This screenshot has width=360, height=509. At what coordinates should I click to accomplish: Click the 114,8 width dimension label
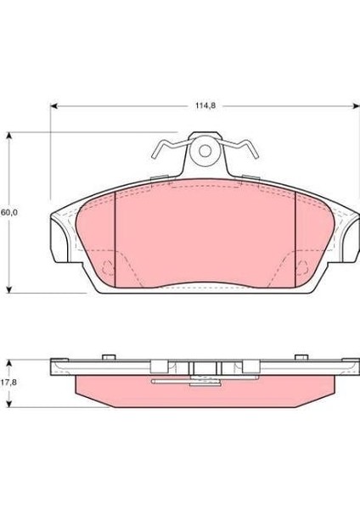tap(205, 106)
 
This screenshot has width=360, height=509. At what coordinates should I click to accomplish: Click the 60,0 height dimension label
tap(9, 213)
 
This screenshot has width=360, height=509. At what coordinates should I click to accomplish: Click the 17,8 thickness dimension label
tap(8, 383)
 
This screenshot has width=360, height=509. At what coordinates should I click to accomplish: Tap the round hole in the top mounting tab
tap(205, 151)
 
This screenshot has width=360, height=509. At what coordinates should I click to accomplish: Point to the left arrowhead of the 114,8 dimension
tap(54, 106)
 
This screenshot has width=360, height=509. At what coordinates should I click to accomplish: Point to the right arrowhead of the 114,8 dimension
tap(356, 106)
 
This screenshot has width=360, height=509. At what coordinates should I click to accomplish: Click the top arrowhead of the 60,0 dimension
tap(9, 136)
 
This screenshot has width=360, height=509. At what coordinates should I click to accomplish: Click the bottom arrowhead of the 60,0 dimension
tap(9, 289)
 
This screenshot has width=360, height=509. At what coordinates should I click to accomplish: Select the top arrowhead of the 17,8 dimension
tap(9, 363)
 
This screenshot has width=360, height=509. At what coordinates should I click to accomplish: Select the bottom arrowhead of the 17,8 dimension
tap(9, 404)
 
